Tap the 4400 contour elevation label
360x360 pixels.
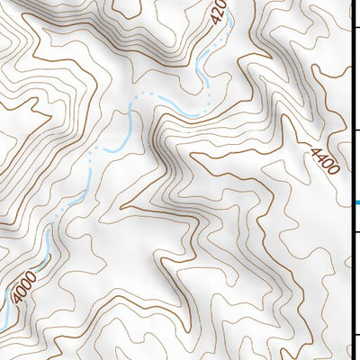321,162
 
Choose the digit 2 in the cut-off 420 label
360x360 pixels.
217,11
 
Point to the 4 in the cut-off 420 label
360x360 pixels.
214,20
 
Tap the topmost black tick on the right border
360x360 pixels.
355,31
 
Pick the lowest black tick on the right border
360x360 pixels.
355,335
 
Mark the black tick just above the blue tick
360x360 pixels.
355,130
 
